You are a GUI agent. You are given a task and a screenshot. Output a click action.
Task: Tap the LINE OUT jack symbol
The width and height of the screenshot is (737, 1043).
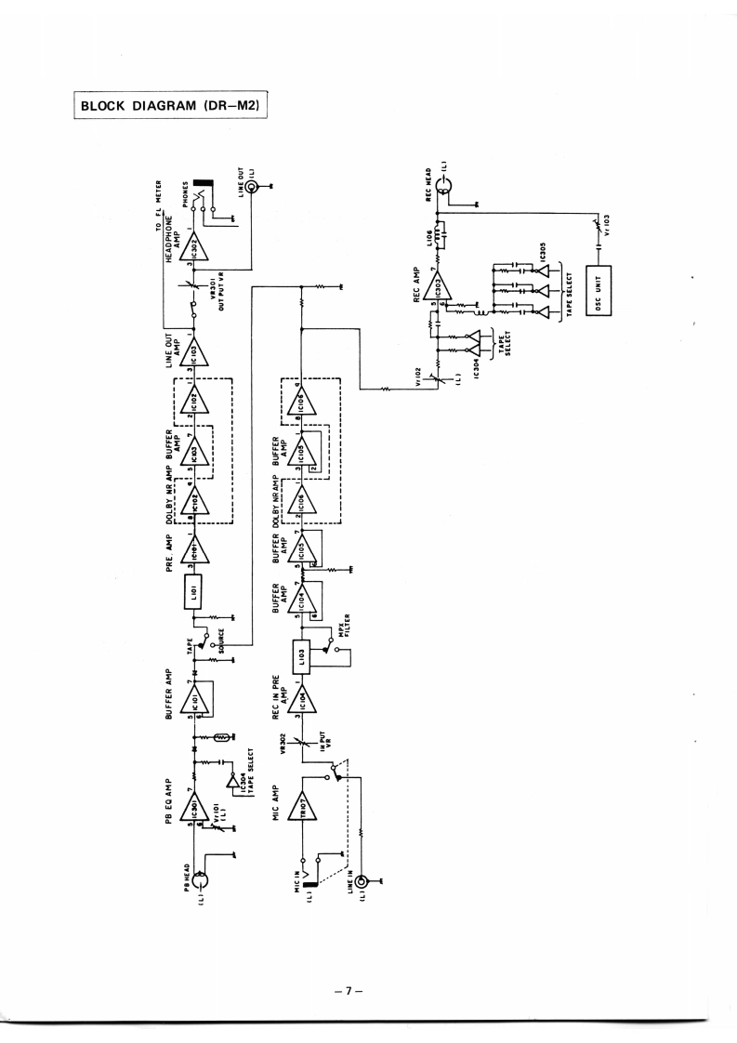tap(253, 191)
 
